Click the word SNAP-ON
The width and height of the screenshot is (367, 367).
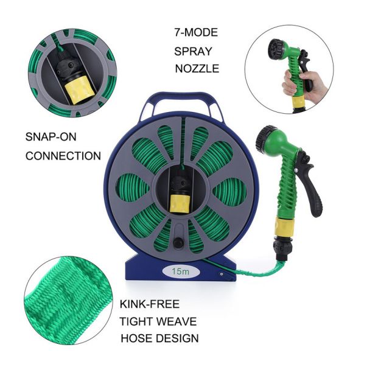click(51, 137)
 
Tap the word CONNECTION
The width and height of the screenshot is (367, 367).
click(63, 156)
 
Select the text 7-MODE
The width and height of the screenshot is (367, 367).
click(196, 32)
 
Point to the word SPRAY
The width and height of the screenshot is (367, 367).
click(193, 52)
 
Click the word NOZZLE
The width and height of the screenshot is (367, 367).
click(197, 69)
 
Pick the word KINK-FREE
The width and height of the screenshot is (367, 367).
click(150, 304)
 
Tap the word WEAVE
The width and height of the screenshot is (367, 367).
click(175, 321)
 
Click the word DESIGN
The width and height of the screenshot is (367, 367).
click(177, 338)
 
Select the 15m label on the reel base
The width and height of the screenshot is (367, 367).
click(181, 271)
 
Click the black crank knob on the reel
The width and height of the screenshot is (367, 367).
click(178, 242)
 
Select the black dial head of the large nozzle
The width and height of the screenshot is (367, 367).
click(263, 138)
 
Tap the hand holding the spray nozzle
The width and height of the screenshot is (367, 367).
click(304, 84)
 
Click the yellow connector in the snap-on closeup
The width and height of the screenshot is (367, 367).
click(80, 91)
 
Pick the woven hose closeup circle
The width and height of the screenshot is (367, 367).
click(68, 300)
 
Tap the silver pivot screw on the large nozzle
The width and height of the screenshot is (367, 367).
click(296, 169)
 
